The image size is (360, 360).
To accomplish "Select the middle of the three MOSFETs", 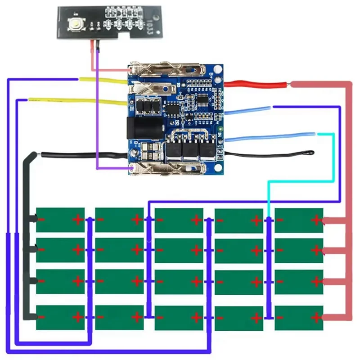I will pos(189,151).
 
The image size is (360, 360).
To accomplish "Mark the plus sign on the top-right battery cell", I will pos(316,220).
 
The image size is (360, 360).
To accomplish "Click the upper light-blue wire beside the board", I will pos(247,110).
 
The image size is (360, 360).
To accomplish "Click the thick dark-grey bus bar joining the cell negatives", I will pos(25,234).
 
